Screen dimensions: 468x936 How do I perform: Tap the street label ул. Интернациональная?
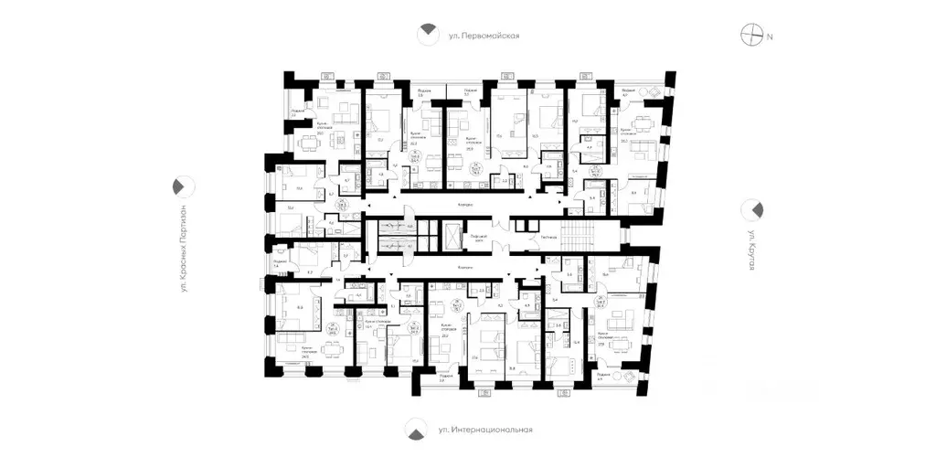(484, 429)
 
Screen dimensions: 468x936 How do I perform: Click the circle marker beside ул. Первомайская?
(427, 35)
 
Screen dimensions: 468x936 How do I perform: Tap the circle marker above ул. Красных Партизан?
(182, 186)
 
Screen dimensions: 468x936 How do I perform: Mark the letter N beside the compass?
(770, 37)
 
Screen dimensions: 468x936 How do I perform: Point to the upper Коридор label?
(465, 205)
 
